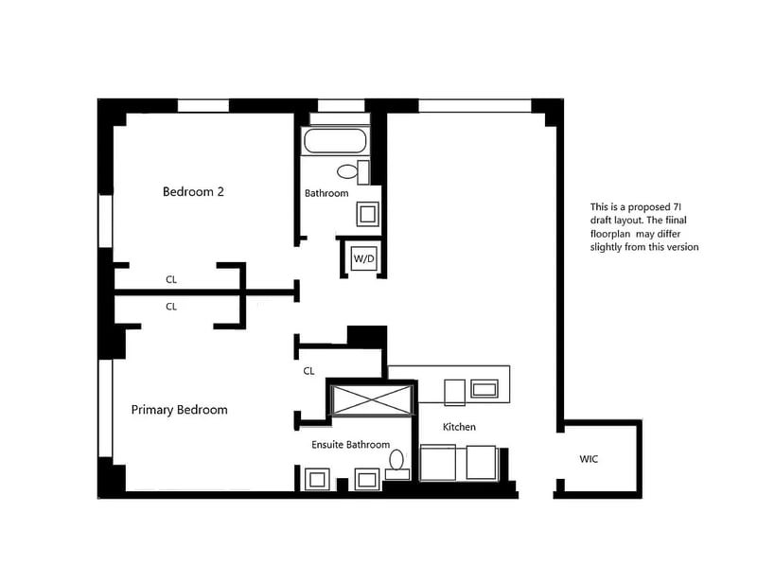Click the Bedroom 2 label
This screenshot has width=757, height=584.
(193, 192)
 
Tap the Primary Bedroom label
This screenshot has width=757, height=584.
(179, 410)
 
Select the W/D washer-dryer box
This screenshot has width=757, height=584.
(363, 258)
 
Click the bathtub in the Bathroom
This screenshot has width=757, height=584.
(335, 141)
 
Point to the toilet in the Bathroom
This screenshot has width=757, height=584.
(353, 171)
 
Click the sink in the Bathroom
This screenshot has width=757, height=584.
(367, 214)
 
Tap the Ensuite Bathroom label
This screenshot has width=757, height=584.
(350, 445)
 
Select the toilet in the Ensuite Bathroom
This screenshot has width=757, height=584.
(396, 464)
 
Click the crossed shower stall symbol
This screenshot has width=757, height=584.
(373, 400)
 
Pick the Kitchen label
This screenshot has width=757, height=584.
(459, 427)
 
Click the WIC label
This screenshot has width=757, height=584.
(589, 459)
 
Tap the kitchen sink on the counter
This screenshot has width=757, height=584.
(484, 389)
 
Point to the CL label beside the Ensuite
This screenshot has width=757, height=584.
(308, 371)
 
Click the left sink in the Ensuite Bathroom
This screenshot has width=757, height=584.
(317, 479)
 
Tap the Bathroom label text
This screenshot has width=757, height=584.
(326, 193)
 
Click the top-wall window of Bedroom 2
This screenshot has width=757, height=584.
(203, 106)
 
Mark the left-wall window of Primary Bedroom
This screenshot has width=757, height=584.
(105, 408)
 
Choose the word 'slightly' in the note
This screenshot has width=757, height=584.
(606, 247)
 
